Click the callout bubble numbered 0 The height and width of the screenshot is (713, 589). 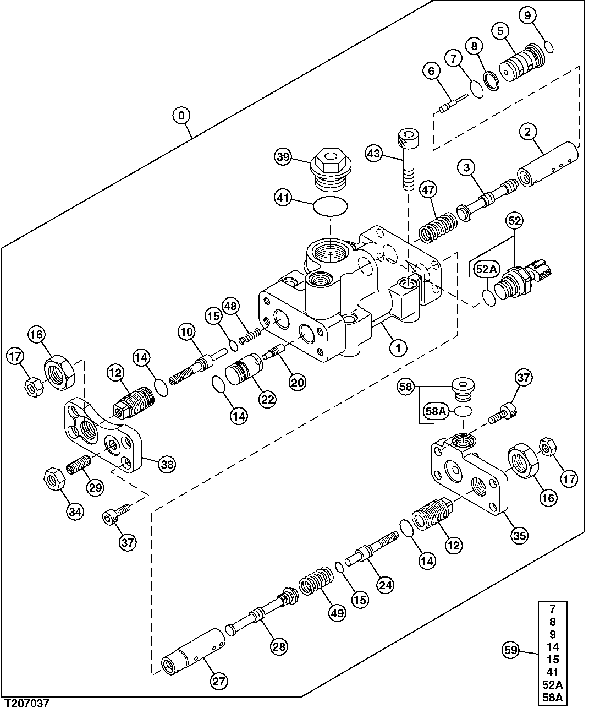181,116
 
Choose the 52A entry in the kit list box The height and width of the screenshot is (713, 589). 552,684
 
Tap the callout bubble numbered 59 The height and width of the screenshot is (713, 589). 511,650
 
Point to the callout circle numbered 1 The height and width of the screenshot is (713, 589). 398,347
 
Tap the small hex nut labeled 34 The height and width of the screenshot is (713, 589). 54,478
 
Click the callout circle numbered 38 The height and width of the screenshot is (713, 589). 167,465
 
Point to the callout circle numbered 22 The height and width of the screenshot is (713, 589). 267,400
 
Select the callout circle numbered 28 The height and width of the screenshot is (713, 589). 279,647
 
